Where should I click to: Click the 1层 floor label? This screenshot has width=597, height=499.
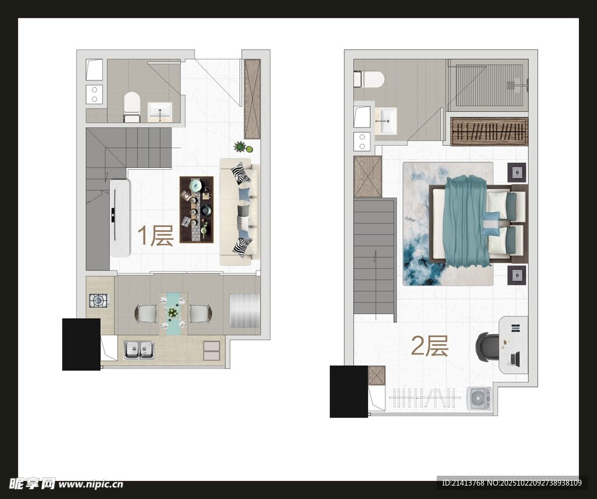pos(155,236)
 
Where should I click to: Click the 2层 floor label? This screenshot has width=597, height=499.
pos(430,346)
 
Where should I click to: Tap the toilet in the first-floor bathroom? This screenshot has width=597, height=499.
pos(132,106)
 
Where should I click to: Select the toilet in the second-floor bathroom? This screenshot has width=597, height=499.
pos(368,79)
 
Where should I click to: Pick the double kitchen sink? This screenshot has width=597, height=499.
pos(139,350)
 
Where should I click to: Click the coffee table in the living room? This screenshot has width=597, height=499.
pos(196,209)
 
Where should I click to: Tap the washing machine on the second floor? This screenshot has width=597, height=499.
pos(479,399)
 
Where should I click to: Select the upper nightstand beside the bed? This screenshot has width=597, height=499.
pos(517,173)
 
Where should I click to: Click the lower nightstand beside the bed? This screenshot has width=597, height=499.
pos(517,275)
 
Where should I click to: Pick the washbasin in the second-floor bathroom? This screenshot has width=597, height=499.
pos(386,121)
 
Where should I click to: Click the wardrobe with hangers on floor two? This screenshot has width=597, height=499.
pos(489,132)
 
